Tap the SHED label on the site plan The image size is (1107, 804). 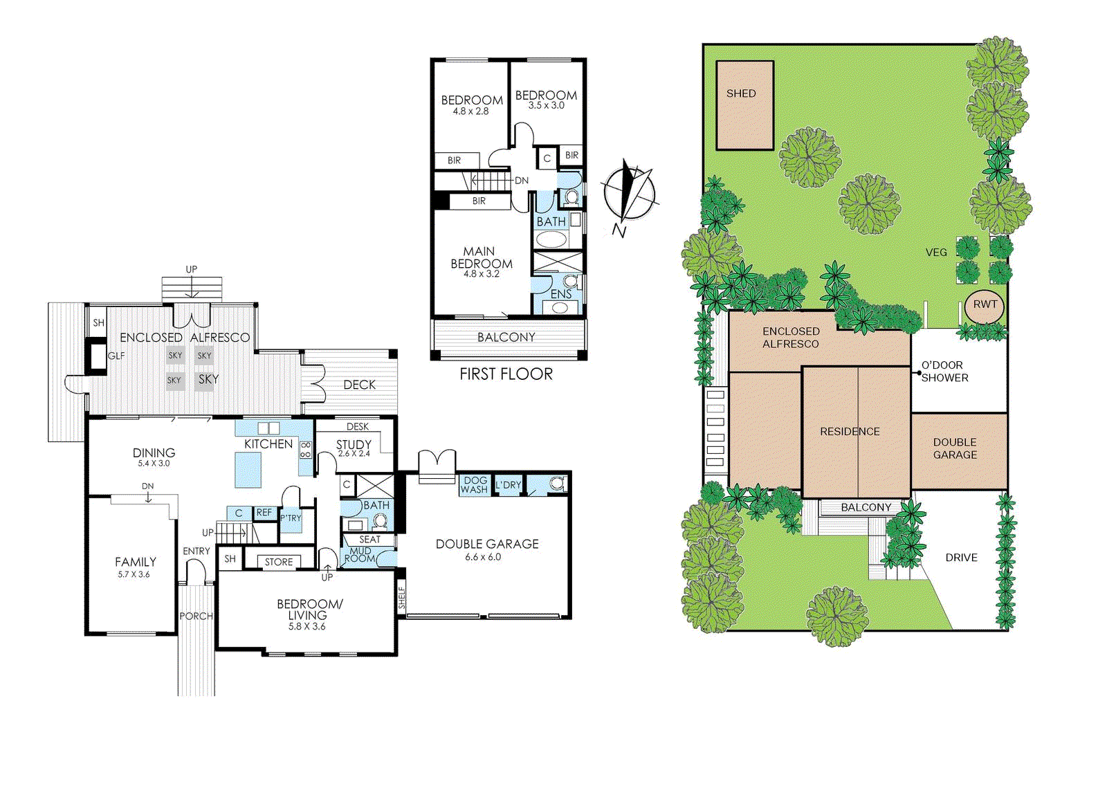(741, 93)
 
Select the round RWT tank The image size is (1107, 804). (985, 307)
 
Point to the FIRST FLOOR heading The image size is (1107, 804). (506, 374)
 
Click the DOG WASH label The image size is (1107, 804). (475, 485)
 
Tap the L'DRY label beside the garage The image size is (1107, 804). (508, 485)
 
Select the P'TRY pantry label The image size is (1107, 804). (291, 518)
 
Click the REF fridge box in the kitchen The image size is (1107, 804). (264, 513)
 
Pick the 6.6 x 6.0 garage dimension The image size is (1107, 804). (483, 557)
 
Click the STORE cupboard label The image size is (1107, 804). (279, 562)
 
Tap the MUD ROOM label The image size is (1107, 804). (360, 554)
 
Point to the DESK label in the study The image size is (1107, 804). (357, 426)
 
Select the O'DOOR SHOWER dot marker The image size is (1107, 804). (920, 373)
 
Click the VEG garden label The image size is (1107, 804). (936, 253)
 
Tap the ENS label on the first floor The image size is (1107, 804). (561, 294)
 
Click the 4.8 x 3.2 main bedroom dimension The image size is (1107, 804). (481, 274)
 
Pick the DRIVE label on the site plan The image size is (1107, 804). (961, 558)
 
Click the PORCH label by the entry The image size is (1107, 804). (196, 616)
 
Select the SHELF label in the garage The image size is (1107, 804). (402, 598)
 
